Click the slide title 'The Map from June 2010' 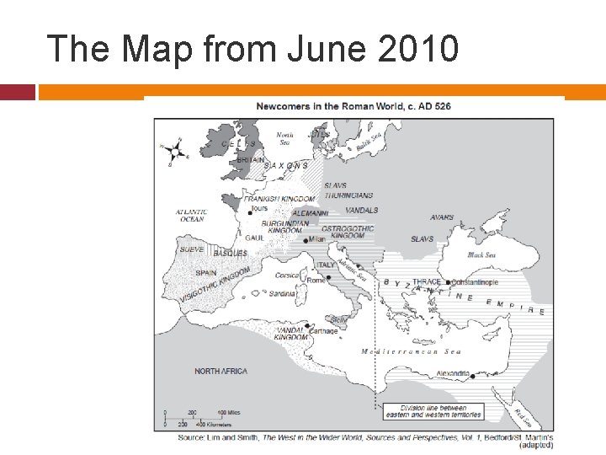(252, 48)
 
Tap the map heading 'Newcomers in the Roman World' (353, 106)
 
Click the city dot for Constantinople (448, 282)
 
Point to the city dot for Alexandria (473, 377)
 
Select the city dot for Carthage (307, 325)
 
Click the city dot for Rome (306, 279)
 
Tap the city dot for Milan (306, 240)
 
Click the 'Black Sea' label (481, 254)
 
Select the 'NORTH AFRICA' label (221, 372)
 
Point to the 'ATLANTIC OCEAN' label (191, 216)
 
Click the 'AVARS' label (441, 218)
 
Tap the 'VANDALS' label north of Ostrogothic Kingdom (362, 211)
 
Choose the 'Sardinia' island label (282, 294)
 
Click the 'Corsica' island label (287, 275)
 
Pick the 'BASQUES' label (230, 254)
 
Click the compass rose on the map (174, 152)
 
